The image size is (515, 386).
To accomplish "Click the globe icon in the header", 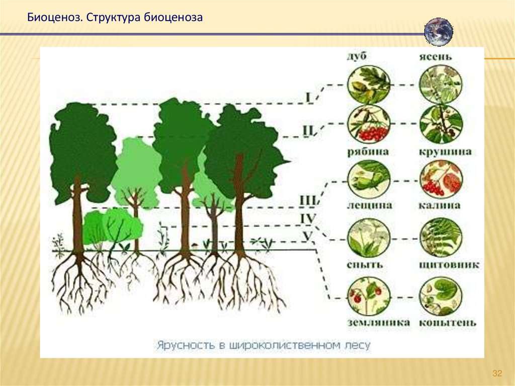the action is (439, 32).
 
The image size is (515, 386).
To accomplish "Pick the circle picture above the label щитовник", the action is (441, 238).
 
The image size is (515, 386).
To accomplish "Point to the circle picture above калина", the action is (441, 180).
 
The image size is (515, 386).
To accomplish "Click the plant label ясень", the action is (436, 57).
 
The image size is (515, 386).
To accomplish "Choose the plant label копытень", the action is (447, 323).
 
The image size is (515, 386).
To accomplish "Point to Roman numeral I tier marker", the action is (308, 97).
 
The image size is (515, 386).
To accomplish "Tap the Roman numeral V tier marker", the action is (308, 235).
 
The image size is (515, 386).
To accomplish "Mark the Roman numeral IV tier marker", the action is (307, 218).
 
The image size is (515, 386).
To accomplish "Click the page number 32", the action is (497, 373).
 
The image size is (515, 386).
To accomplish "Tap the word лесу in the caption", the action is (357, 346).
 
